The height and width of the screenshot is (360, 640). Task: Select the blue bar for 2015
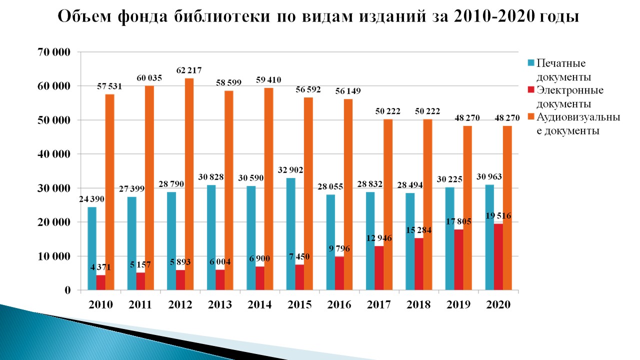click(290, 234)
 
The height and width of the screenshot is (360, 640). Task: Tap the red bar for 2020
click(498, 256)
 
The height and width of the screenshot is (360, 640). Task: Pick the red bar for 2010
click(100, 282)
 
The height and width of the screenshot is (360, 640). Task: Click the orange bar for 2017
click(387, 204)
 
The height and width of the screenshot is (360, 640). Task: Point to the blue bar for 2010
click(91, 248)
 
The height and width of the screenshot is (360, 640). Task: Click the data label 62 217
click(189, 70)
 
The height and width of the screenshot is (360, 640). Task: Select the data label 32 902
click(290, 169)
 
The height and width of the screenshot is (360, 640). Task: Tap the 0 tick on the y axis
click(67, 290)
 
